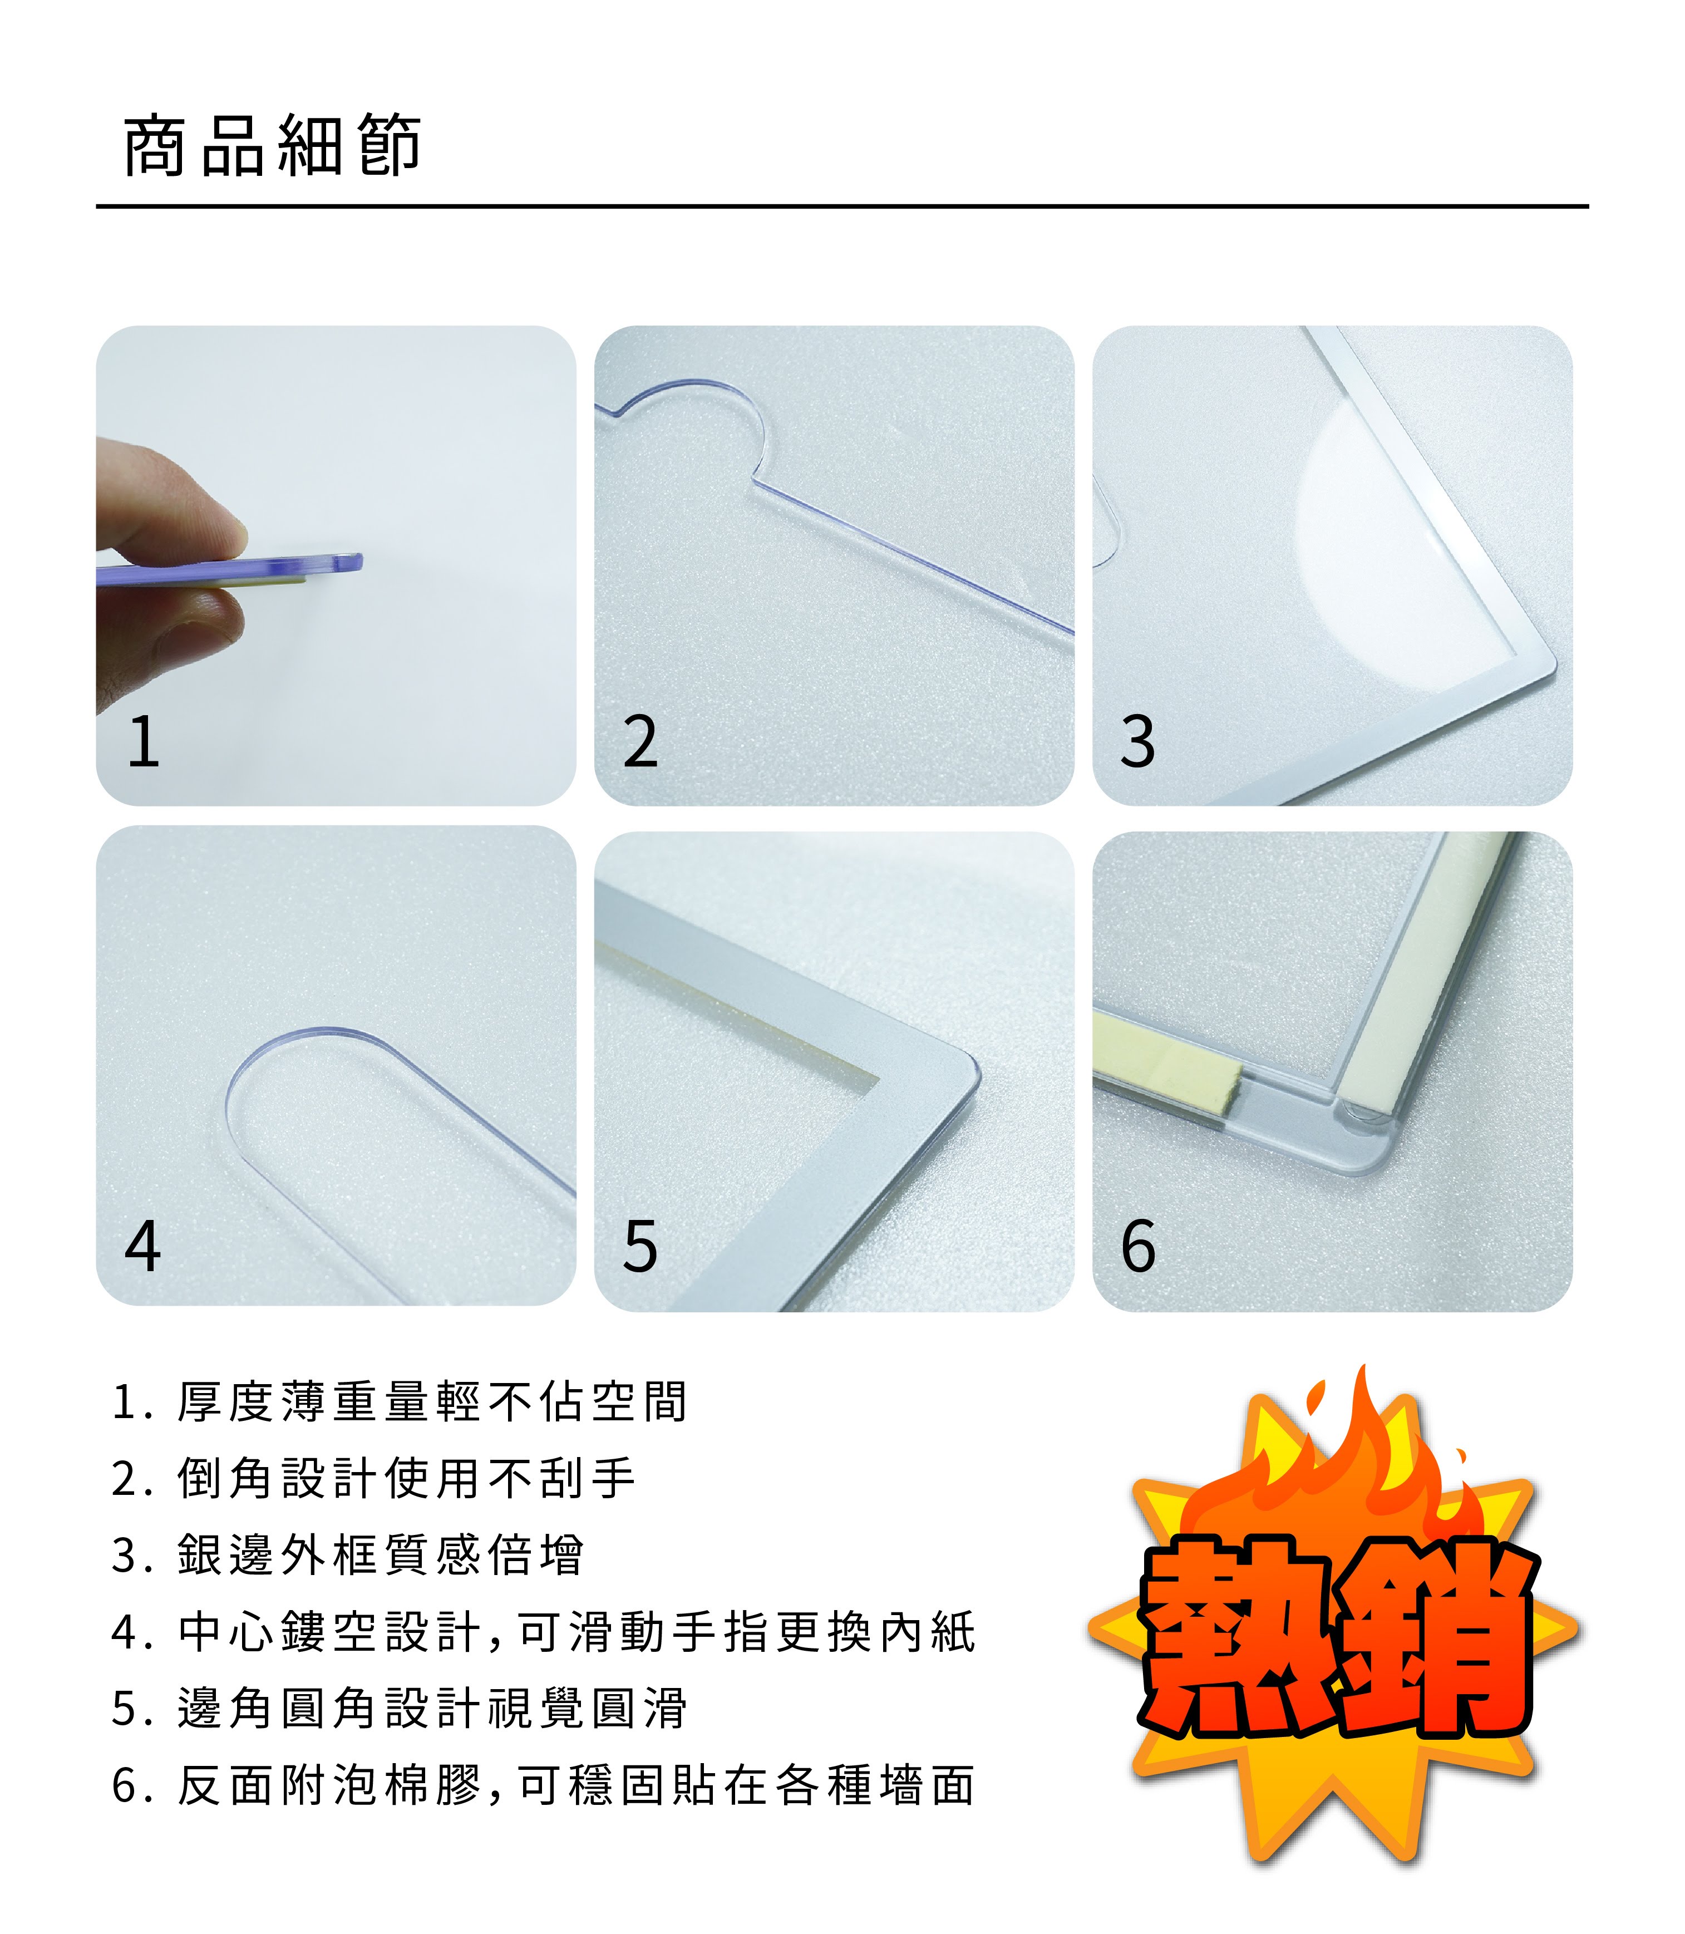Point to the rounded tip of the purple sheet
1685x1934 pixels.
(x=353, y=562)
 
